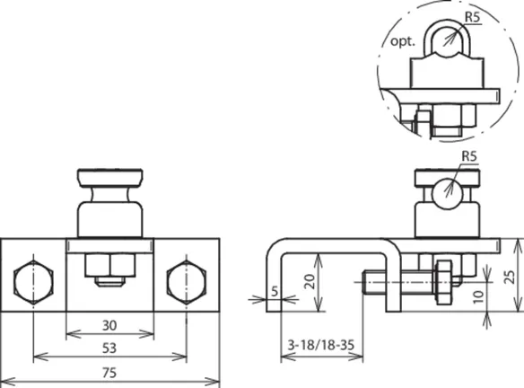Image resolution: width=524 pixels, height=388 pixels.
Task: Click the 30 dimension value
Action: coord(109,325)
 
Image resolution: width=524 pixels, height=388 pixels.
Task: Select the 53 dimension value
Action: coord(109,348)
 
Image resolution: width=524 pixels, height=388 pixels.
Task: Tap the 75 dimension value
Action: coord(109,373)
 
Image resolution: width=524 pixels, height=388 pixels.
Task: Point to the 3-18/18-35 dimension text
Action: coord(321,345)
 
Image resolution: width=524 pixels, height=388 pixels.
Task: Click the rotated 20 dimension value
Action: coord(310,282)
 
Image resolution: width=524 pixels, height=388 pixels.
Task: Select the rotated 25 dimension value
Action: coord(511,277)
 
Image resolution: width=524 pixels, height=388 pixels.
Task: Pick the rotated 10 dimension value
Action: coord(478,296)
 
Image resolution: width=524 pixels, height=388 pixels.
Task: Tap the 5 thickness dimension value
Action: coord(275,291)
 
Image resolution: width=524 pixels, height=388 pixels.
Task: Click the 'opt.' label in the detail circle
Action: coord(403,42)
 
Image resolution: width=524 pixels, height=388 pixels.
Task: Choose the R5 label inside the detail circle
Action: coord(473,17)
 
